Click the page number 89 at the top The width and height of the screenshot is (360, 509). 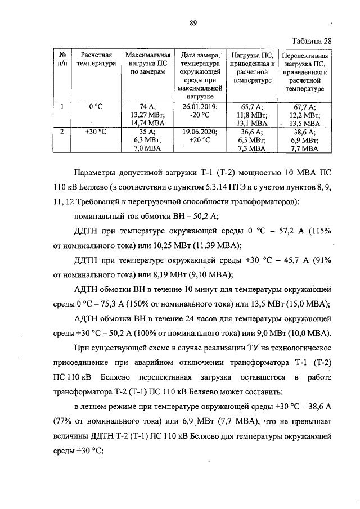192,22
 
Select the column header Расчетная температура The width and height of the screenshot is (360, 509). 98,59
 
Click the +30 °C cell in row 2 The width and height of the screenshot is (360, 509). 98,132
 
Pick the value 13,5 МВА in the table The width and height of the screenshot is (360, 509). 304,123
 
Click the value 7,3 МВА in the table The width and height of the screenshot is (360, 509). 252,148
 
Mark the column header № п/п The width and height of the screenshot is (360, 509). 63,59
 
